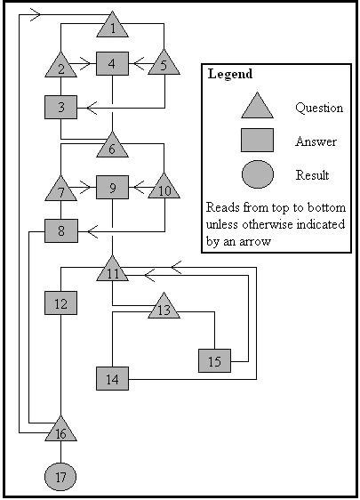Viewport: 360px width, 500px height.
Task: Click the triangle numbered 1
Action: click(x=113, y=28)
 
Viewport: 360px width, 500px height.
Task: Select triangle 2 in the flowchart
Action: click(x=60, y=67)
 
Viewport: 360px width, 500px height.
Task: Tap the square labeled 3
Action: click(x=60, y=108)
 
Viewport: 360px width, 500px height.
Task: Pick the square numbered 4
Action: click(x=113, y=64)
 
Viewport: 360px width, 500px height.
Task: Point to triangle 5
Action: click(x=164, y=65)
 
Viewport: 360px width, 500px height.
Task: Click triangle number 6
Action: click(x=113, y=147)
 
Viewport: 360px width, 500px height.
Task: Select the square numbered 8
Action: click(x=60, y=231)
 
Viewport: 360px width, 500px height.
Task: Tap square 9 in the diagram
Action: click(x=113, y=188)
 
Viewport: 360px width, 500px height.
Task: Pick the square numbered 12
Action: click(x=60, y=303)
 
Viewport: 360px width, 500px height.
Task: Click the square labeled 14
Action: click(x=113, y=378)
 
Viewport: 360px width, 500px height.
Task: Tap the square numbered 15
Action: click(x=214, y=361)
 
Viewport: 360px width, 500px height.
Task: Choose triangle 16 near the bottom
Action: click(x=60, y=431)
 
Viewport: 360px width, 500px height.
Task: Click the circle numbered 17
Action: click(x=60, y=478)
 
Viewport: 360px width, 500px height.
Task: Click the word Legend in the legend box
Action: click(x=230, y=75)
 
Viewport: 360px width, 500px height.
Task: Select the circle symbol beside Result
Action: click(x=257, y=175)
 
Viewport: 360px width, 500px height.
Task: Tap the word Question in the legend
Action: click(x=318, y=108)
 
